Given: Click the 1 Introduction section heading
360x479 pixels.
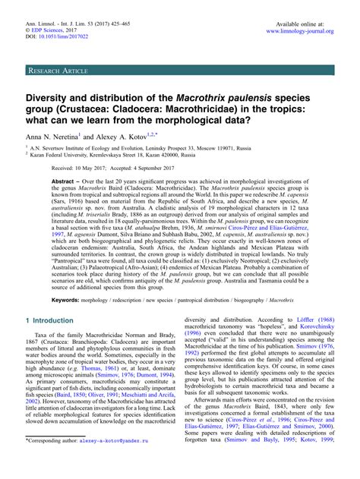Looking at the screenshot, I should click(x=57, y=342).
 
